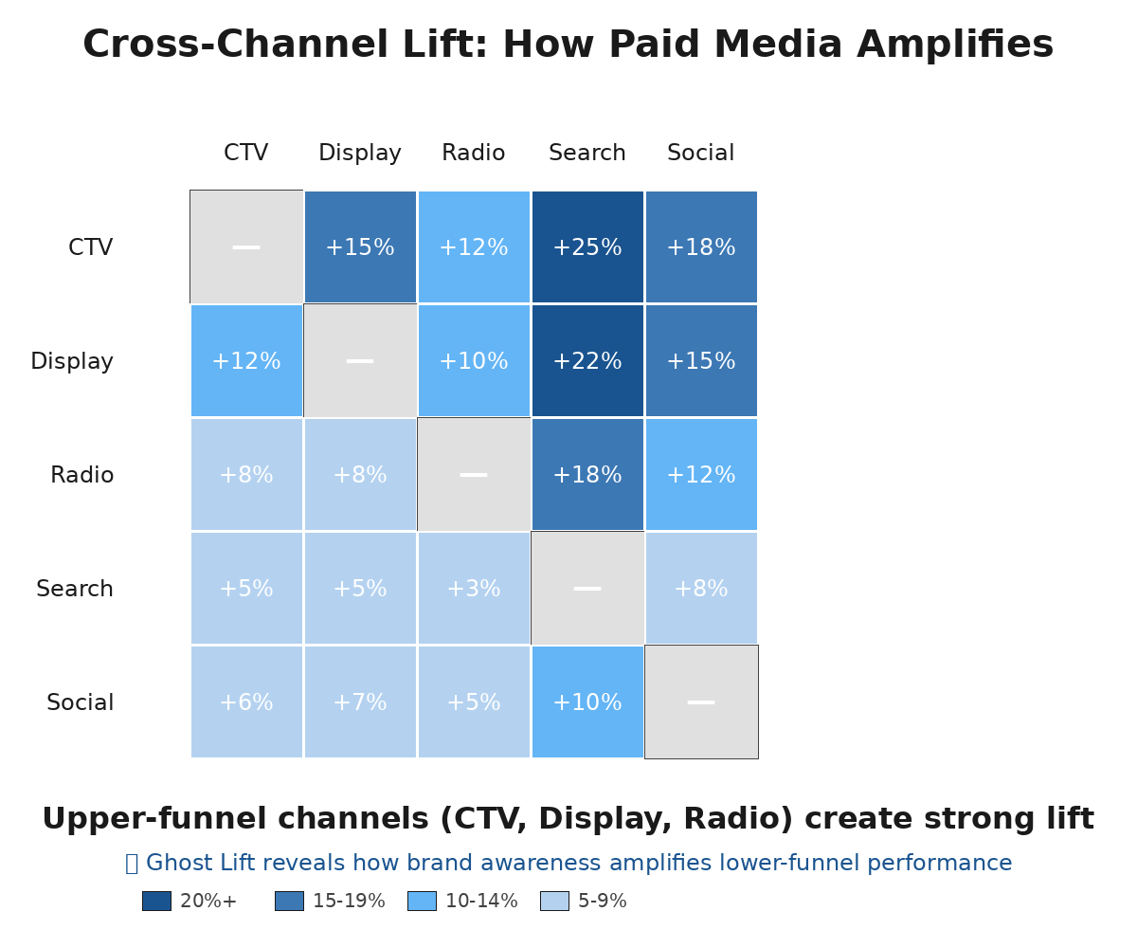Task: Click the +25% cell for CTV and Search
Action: click(587, 247)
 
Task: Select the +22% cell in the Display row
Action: click(587, 361)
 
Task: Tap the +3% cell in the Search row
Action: click(474, 589)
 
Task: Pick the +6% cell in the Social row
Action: click(246, 702)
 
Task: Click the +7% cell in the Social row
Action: click(360, 702)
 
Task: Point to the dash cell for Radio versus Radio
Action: click(474, 475)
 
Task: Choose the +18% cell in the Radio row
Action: click(587, 475)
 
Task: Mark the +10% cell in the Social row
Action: click(587, 702)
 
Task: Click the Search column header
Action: click(587, 154)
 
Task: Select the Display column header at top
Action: click(360, 154)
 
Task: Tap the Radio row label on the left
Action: click(82, 476)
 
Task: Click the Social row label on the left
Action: click(81, 703)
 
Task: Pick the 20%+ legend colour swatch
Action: click(156, 902)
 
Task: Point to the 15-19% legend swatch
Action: click(289, 902)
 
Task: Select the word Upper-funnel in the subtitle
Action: click(128, 820)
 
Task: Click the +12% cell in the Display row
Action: click(246, 361)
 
